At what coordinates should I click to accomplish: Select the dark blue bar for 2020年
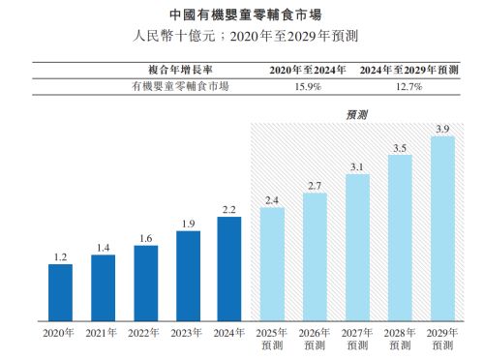tap(60, 292)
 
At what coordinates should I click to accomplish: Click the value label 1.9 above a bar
tap(188, 223)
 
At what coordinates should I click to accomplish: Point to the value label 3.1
tap(357, 166)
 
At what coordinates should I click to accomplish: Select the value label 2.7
tap(315, 185)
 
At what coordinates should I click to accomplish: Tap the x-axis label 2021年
tap(103, 333)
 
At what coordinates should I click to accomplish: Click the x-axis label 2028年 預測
tap(399, 339)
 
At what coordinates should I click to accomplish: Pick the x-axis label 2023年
tap(188, 333)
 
